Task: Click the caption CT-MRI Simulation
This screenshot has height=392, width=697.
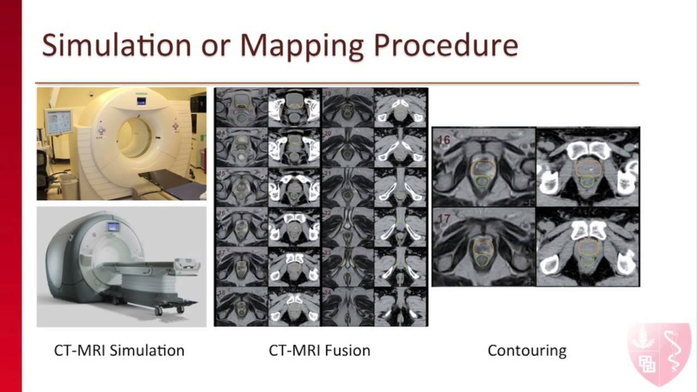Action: click(119, 350)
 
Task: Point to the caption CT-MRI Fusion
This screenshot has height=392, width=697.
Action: click(320, 350)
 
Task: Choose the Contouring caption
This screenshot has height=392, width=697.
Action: click(527, 350)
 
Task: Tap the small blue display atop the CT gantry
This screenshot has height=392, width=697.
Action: click(141, 101)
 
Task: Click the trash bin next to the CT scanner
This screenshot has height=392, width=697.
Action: click(68, 186)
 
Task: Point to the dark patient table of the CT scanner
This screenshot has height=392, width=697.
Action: click(174, 179)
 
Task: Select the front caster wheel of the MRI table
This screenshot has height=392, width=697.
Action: click(158, 310)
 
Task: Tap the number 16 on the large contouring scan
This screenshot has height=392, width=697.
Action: click(443, 140)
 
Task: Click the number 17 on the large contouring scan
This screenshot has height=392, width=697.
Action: click(444, 220)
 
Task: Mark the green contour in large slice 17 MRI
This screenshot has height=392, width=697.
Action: click(481, 260)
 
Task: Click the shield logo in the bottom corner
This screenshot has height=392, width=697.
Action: click(659, 354)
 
